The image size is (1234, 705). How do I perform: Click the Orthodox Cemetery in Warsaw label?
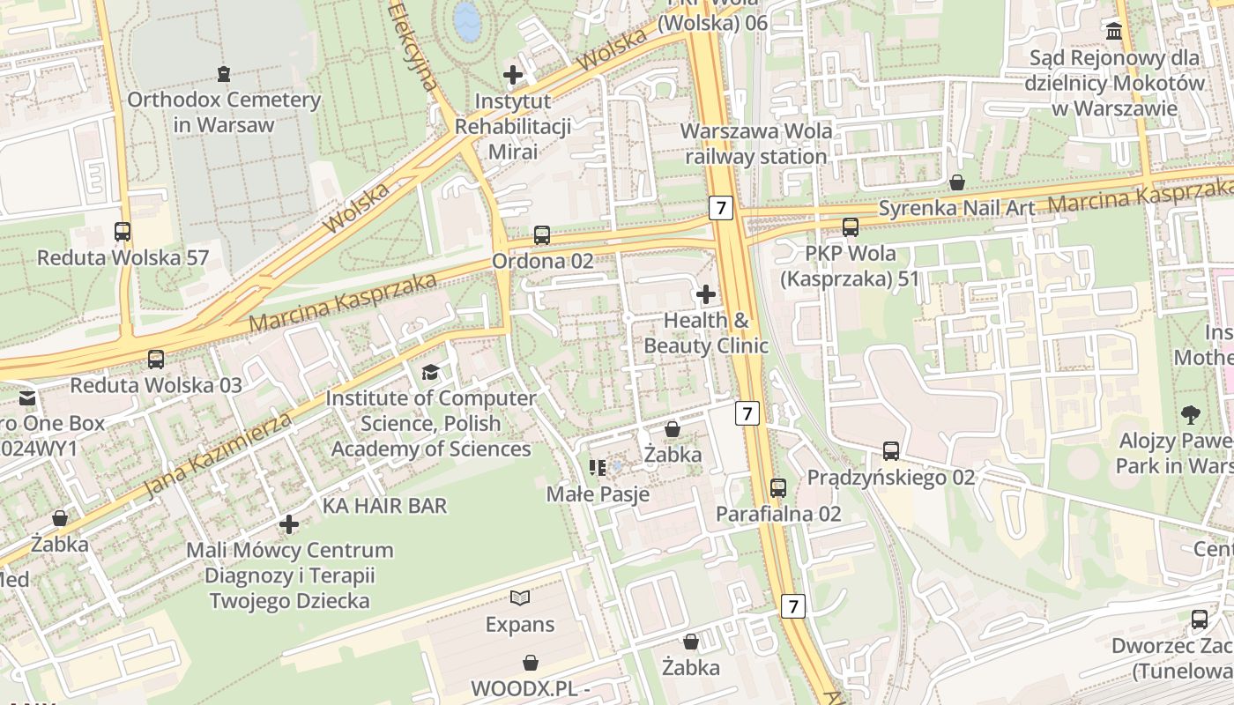tap(224, 112)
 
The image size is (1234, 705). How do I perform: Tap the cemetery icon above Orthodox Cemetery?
tap(224, 73)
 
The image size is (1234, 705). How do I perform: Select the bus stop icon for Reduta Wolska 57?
tap(123, 232)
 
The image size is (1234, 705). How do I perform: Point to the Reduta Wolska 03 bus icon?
tap(156, 360)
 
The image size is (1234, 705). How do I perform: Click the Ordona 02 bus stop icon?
tap(542, 235)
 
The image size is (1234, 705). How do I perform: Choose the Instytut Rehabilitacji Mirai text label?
tap(512, 126)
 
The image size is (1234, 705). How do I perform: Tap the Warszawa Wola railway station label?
tap(756, 144)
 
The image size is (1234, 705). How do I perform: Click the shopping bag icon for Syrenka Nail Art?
tap(957, 182)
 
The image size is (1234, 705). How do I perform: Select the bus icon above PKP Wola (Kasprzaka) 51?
tap(851, 227)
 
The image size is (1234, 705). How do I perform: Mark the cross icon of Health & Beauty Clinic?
tap(706, 294)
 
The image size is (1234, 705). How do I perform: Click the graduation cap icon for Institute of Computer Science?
tap(430, 373)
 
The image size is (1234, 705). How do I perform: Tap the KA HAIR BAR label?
tap(384, 506)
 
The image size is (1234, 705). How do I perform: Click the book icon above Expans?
tap(520, 598)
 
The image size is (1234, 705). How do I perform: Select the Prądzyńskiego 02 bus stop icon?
tap(891, 451)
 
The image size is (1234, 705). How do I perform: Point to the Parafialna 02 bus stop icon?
tap(778, 487)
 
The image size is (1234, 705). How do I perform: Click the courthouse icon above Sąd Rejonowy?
tap(1115, 32)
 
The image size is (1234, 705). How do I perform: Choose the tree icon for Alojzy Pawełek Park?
tap(1190, 413)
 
